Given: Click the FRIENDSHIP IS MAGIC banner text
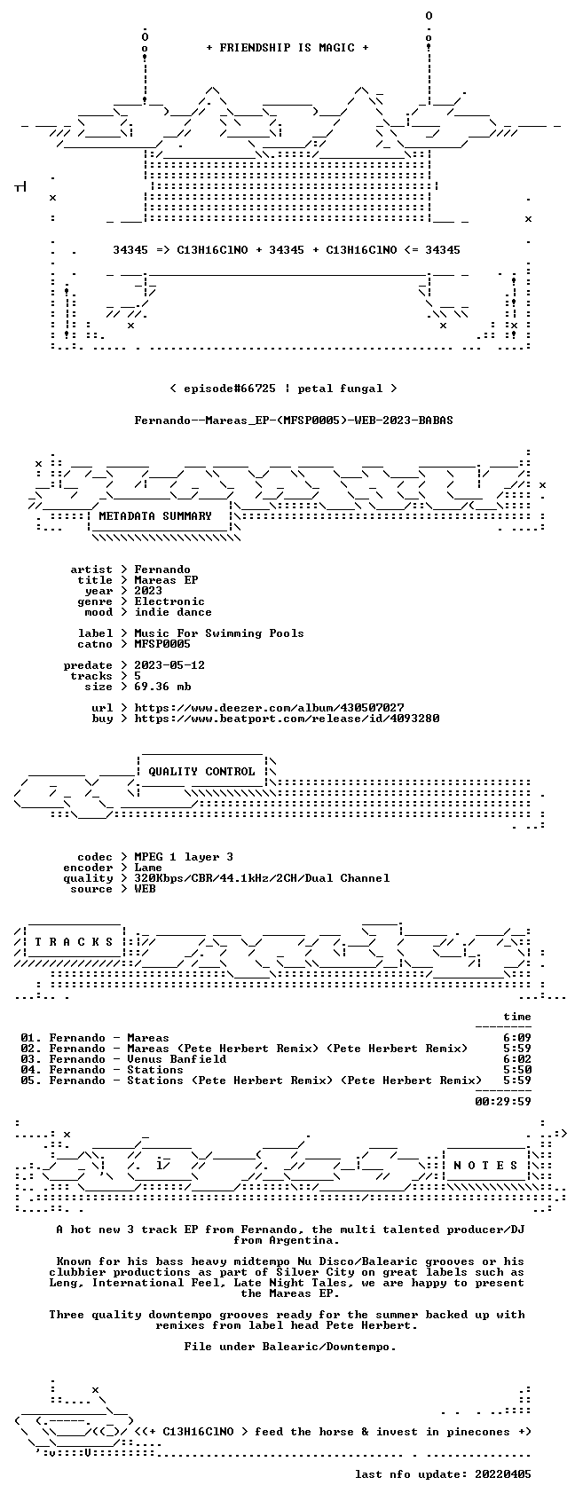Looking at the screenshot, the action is pyautogui.click(x=287, y=48).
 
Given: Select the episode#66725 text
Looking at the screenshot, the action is pyautogui.click(x=229, y=389).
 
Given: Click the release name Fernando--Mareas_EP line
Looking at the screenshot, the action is pyautogui.click(x=294, y=420).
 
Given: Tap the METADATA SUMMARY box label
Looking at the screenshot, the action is pyautogui.click(x=154, y=516).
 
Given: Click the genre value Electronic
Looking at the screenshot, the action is pyautogui.click(x=169, y=601).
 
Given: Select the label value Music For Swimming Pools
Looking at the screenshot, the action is pyautogui.click(x=219, y=634).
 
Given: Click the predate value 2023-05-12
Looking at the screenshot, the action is pyautogui.click(x=169, y=665).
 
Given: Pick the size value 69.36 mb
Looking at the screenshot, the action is pyautogui.click(x=163, y=687).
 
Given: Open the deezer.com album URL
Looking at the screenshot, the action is pyautogui.click(x=270, y=708).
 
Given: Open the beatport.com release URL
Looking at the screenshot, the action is pyautogui.click(x=287, y=719).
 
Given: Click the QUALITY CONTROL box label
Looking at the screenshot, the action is pyautogui.click(x=201, y=772).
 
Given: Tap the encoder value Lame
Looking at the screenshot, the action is pyautogui.click(x=148, y=868).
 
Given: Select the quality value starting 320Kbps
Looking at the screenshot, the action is pyautogui.click(x=262, y=878).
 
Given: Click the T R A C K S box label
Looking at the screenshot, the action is pyautogui.click(x=75, y=942).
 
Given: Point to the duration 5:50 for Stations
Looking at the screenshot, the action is pyautogui.click(x=517, y=1070).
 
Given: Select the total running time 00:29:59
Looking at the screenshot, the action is pyautogui.click(x=503, y=1102).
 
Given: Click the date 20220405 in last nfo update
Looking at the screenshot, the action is pyautogui.click(x=503, y=1474).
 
